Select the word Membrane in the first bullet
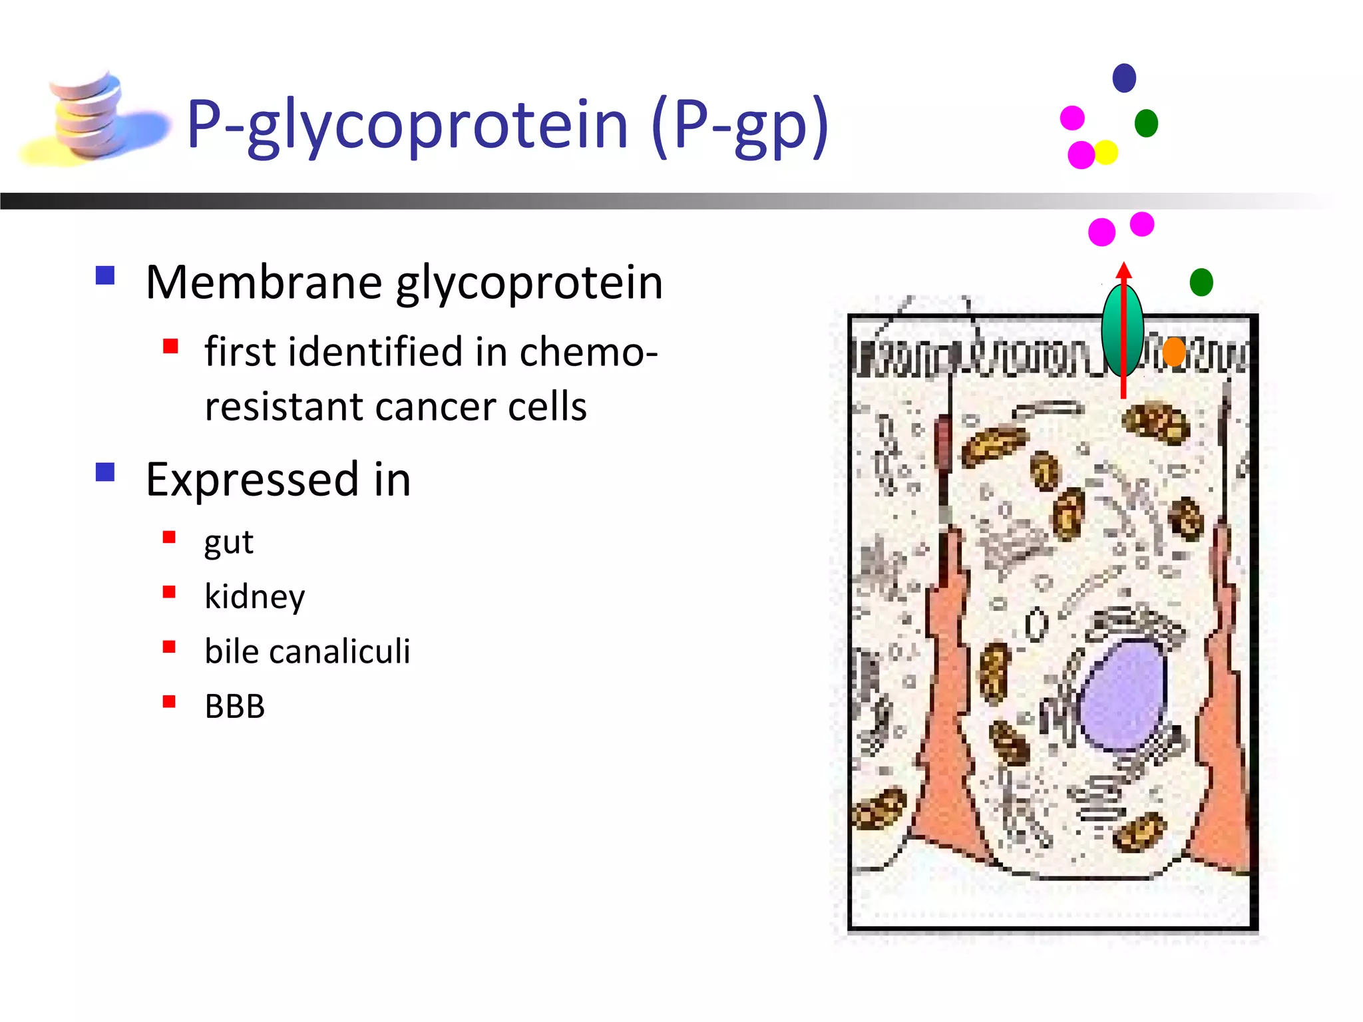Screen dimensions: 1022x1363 coord(264,282)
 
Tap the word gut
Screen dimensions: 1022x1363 coord(228,542)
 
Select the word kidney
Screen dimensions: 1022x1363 coord(254,596)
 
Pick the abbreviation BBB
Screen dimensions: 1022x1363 coord(234,706)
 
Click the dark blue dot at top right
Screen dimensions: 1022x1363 coord(1124,78)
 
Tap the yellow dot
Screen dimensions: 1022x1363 coord(1106,152)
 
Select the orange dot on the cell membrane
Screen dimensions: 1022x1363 coord(1174,351)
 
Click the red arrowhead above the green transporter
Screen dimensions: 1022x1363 coord(1124,270)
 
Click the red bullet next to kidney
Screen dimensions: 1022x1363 coord(170,592)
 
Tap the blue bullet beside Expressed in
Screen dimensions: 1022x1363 coord(105,472)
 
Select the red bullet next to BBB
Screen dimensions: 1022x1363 coord(170,701)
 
